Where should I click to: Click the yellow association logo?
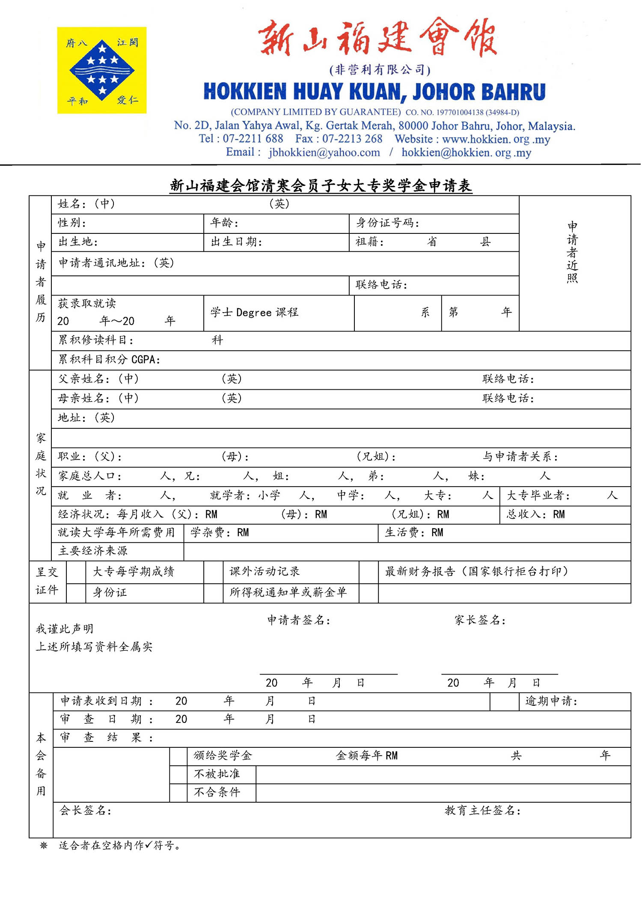(102, 70)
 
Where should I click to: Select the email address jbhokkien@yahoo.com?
(324, 152)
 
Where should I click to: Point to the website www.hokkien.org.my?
(496, 139)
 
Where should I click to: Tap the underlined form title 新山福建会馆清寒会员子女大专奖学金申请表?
(321, 186)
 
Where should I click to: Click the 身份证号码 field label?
(387, 223)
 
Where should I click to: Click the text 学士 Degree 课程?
(254, 312)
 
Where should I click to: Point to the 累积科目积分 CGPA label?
(109, 359)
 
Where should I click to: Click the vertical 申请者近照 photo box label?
(572, 252)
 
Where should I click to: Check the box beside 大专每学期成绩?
(76, 572)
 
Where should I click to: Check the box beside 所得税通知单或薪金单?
(213, 593)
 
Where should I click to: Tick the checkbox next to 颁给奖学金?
(178, 756)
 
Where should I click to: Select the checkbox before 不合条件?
(178, 793)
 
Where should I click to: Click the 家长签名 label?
(480, 620)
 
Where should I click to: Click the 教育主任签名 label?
(482, 810)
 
